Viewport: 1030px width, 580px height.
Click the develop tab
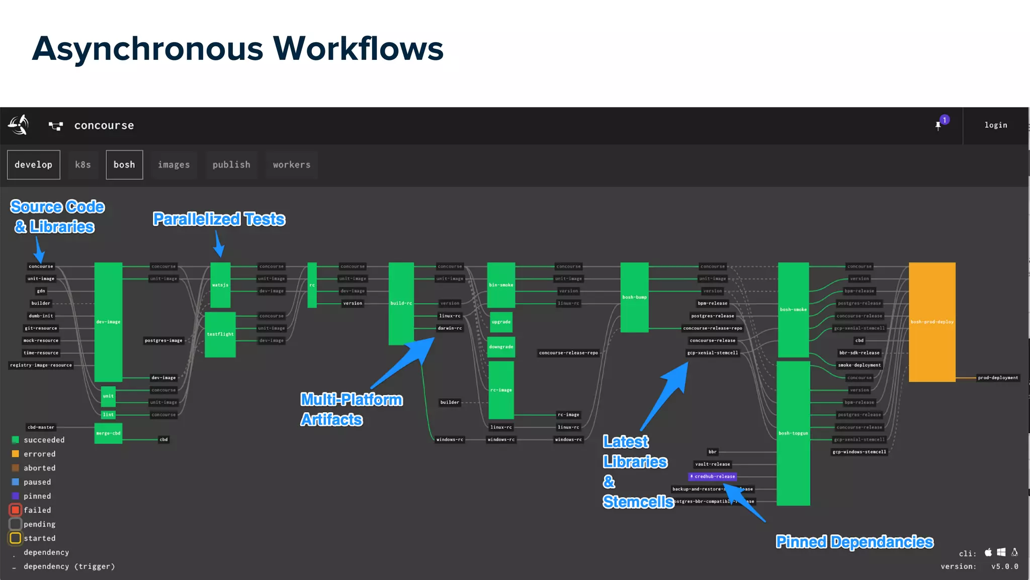pyautogui.click(x=33, y=165)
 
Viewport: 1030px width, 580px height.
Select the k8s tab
pyautogui.click(x=83, y=165)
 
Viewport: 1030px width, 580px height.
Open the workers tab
pyautogui.click(x=292, y=165)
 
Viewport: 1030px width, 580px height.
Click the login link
pyautogui.click(x=995, y=125)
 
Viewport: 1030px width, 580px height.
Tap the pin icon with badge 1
pyautogui.click(x=939, y=125)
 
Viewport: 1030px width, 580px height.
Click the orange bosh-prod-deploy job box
pyautogui.click(x=931, y=322)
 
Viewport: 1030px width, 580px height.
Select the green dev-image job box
pyautogui.click(x=108, y=322)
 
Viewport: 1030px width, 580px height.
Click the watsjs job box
pyautogui.click(x=220, y=285)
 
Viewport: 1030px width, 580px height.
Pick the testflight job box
pyautogui.click(x=220, y=334)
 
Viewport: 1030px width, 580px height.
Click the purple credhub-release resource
pyautogui.click(x=713, y=476)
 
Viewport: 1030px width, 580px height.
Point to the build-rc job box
pyautogui.click(x=401, y=303)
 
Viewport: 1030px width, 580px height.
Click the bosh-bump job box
pyautogui.click(x=634, y=297)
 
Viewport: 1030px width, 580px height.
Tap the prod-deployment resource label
pyautogui.click(x=998, y=378)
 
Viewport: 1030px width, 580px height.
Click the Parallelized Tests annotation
pyautogui.click(x=219, y=220)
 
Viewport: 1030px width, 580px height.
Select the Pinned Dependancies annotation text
pyautogui.click(x=854, y=542)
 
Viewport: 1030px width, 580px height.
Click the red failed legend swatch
pyautogui.click(x=16, y=510)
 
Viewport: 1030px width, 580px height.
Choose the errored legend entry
pyautogui.click(x=39, y=454)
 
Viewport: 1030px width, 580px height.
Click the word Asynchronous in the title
pyautogui.click(x=147, y=49)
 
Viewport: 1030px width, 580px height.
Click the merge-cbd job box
pyautogui.click(x=108, y=433)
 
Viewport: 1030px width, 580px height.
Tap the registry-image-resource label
pyautogui.click(x=41, y=366)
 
